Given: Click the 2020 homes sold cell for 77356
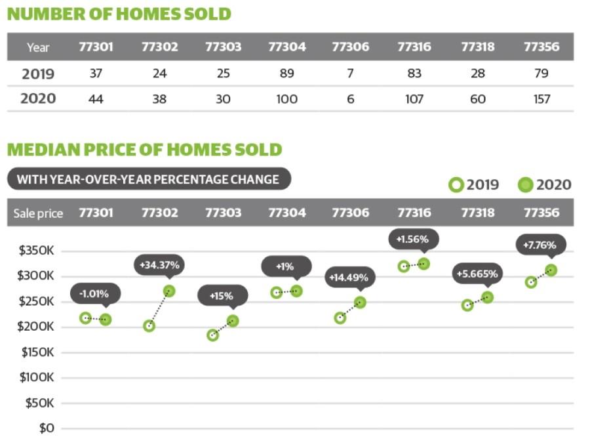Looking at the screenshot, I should [x=541, y=99].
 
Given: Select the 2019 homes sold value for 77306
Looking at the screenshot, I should [x=350, y=73].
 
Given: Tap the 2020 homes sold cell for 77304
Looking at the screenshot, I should [x=286, y=99].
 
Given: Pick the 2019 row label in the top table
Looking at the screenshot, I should [x=38, y=73].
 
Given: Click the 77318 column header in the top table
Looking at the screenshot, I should [x=478, y=47].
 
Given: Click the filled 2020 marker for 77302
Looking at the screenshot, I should [x=169, y=291].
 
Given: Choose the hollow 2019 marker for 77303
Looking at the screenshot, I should [x=213, y=335].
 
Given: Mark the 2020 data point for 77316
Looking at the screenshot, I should [x=423, y=264].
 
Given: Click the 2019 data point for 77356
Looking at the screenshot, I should [x=531, y=282].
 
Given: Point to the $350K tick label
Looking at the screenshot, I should [x=37, y=251].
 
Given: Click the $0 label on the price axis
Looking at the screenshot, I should [x=46, y=428].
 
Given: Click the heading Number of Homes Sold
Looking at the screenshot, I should [x=119, y=14].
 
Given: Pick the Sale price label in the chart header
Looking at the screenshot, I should [x=38, y=213].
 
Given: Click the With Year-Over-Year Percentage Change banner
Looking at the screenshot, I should [x=148, y=179].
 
